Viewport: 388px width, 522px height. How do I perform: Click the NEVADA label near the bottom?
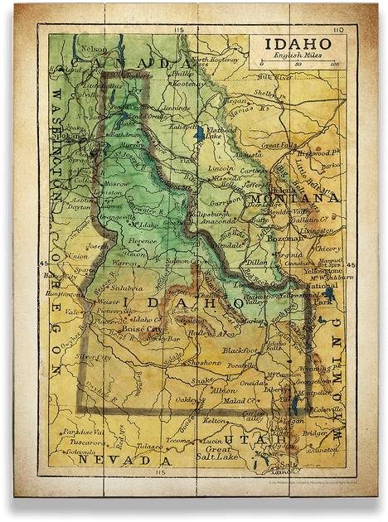click(122, 458)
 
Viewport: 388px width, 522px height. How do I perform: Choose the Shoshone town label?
click(203, 363)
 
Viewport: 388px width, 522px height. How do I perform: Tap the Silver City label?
click(93, 356)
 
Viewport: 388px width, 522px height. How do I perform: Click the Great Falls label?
click(279, 146)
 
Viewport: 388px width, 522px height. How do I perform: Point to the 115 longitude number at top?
click(178, 30)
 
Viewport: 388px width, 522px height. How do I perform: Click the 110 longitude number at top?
click(337, 30)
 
